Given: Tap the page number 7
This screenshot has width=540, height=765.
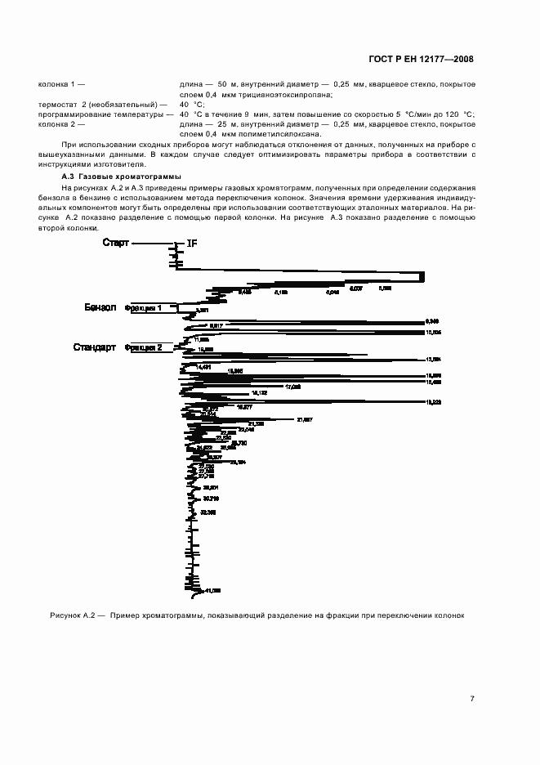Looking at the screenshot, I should pos(472,698).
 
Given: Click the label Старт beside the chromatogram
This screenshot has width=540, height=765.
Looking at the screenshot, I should pos(116,243).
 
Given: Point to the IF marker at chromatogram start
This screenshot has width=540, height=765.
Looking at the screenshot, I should pos(192,244).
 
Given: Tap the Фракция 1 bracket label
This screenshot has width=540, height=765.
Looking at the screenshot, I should pos(143,308).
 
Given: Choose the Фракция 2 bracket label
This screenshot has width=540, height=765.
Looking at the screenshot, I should pos(143,347).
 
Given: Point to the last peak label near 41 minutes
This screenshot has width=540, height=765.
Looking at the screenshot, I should pos(212,590).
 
